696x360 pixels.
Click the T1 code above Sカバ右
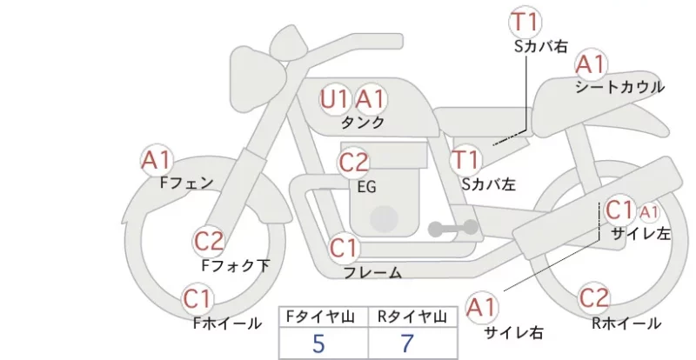[x=525, y=22]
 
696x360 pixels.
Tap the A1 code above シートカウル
[x=591, y=64]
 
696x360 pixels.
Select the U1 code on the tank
[x=335, y=99]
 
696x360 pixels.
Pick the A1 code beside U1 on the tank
[x=370, y=99]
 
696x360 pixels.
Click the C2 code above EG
[x=353, y=163]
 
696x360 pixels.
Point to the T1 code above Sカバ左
[x=465, y=160]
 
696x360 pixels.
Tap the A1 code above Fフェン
[x=157, y=160]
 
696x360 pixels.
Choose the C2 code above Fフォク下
[x=209, y=242]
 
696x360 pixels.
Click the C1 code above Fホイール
[x=197, y=299]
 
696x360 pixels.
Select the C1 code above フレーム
[x=344, y=248]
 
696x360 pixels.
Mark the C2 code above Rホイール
[x=593, y=298]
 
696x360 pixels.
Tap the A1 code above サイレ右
[x=482, y=307]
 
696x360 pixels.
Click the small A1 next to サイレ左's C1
[x=648, y=213]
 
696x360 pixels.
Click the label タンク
[x=363, y=122]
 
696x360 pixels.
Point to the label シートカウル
[x=619, y=87]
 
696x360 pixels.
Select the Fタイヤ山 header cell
[x=324, y=317]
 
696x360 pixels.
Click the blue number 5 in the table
[x=318, y=343]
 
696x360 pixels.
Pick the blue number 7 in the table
[x=407, y=343]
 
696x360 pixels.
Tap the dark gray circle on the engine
[x=384, y=219]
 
